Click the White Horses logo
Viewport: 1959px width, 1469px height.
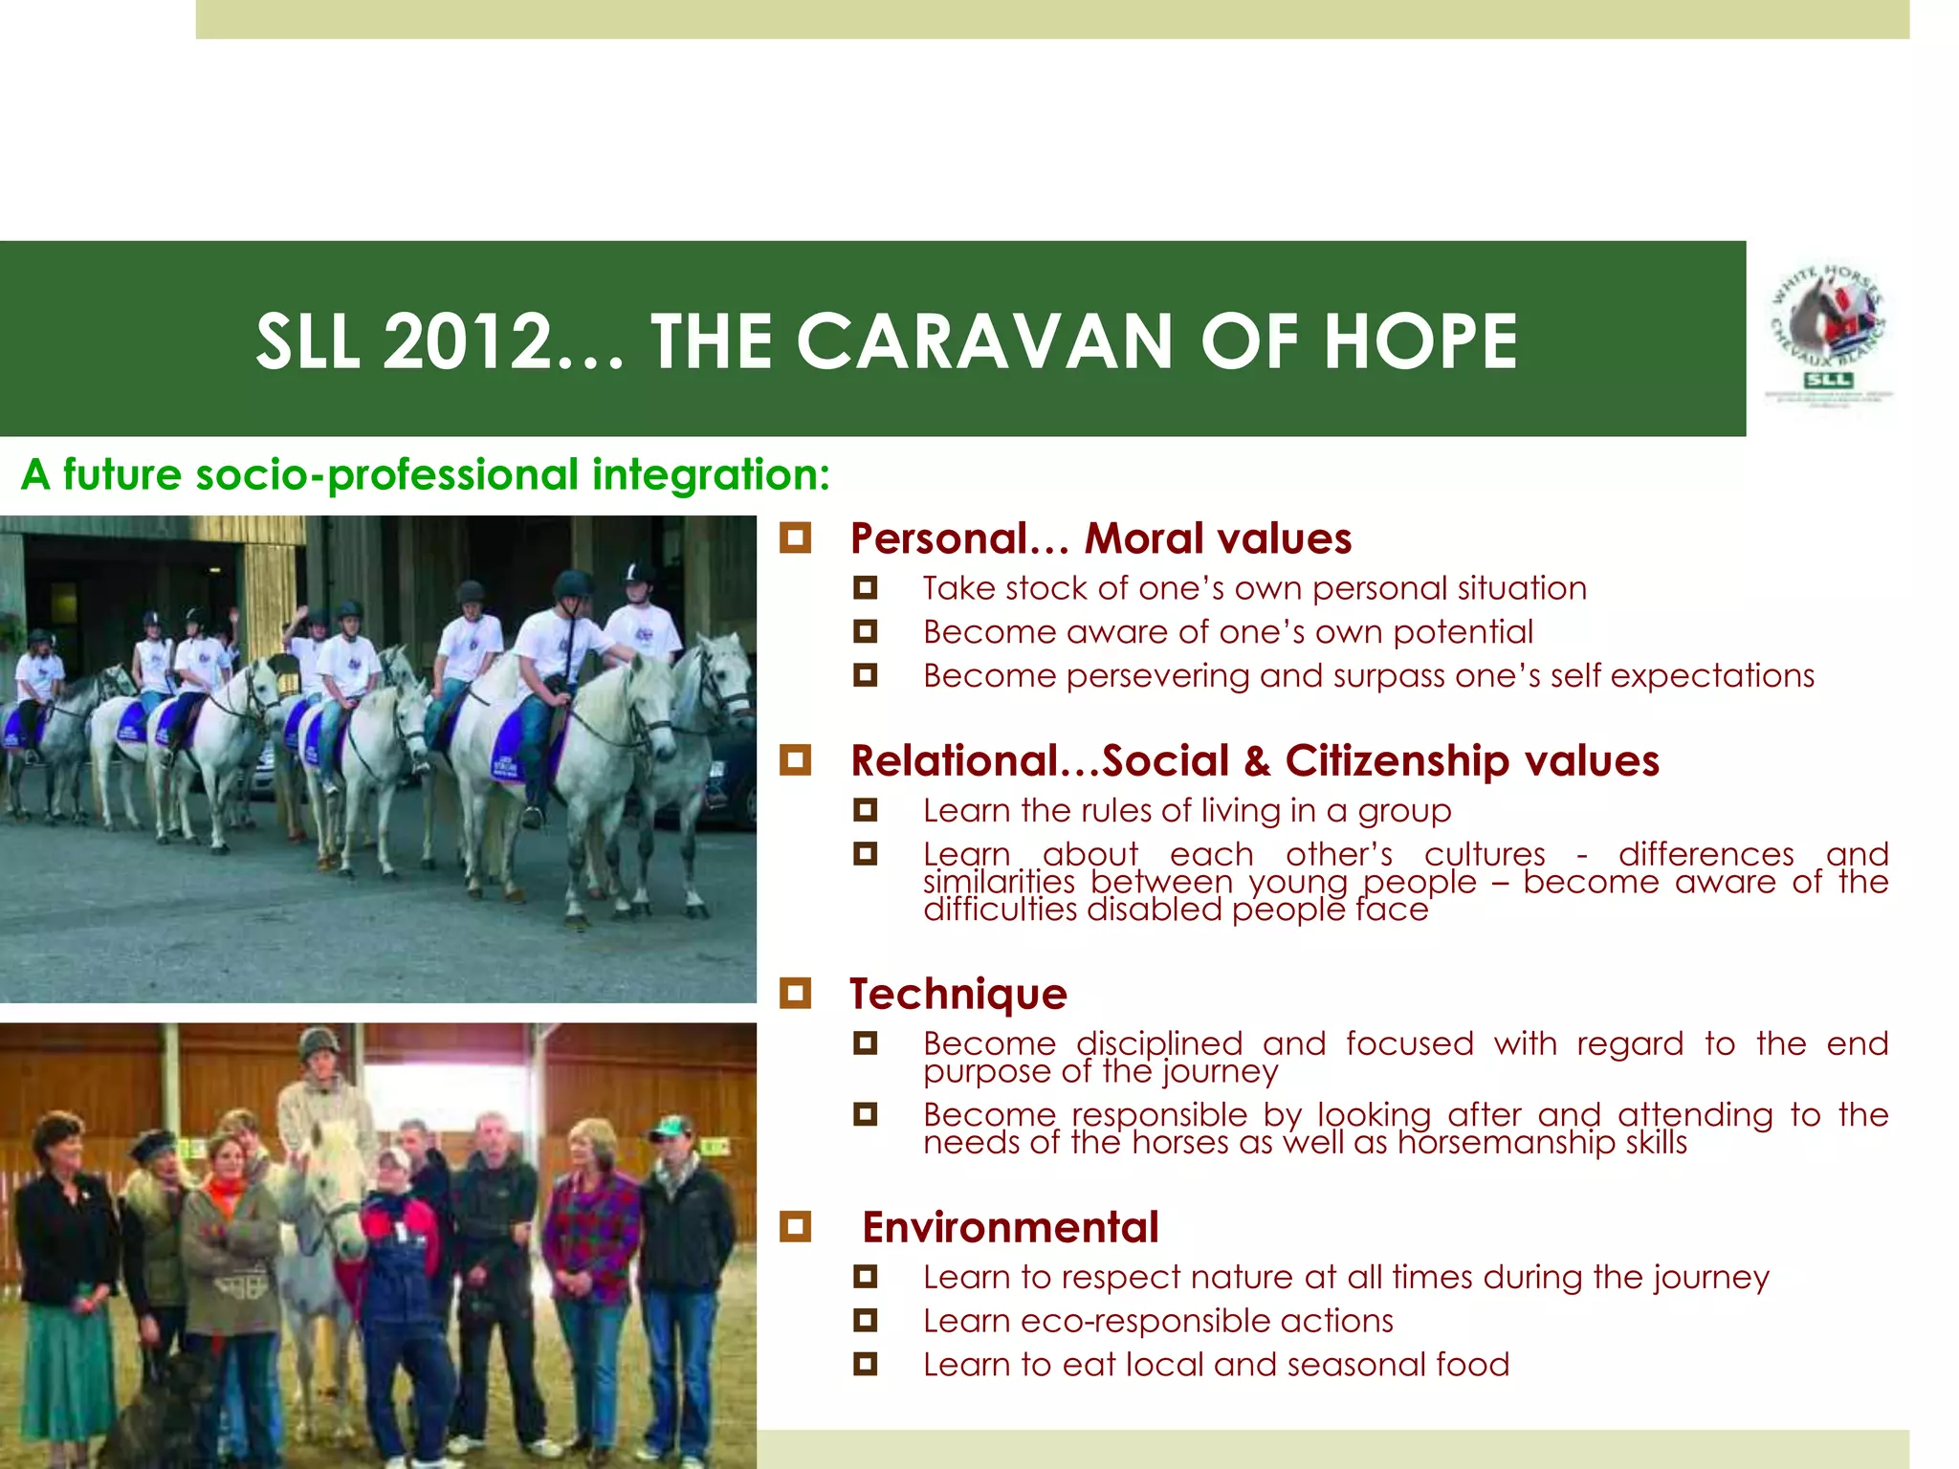pyautogui.click(x=1827, y=336)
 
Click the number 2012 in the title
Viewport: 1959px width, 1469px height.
pyautogui.click(x=469, y=341)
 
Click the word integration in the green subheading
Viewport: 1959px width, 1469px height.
pyautogui.click(x=711, y=474)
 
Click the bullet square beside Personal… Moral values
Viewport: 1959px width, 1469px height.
pyautogui.click(x=795, y=538)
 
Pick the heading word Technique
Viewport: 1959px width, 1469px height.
pyautogui.click(x=958, y=994)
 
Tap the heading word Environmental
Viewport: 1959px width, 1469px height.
pyautogui.click(x=1010, y=1227)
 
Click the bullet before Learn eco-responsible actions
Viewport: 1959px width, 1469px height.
pyautogui.click(x=866, y=1321)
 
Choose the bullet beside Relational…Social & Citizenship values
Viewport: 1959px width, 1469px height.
pyautogui.click(x=795, y=761)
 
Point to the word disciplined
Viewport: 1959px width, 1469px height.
pyautogui.click(x=1158, y=1043)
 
